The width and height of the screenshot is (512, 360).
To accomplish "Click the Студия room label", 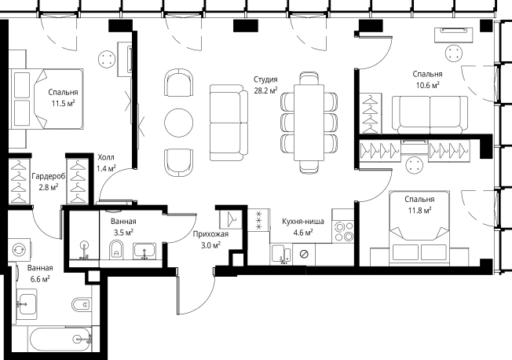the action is click(x=265, y=79).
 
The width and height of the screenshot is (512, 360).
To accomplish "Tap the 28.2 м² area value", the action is click(x=265, y=90).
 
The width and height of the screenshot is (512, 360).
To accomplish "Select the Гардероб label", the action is click(x=49, y=177).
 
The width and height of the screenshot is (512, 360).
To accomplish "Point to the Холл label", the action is click(x=106, y=157).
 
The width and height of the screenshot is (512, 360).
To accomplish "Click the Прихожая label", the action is click(x=210, y=234).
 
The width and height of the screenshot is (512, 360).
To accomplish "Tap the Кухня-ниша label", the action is click(x=303, y=222).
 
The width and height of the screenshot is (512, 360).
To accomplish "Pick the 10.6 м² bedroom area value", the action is click(x=427, y=86).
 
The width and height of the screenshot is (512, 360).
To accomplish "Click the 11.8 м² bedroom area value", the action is click(x=419, y=210).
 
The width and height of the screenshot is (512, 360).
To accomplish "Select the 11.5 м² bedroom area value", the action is click(x=63, y=104).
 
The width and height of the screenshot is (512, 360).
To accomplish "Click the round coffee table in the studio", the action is click(x=178, y=123).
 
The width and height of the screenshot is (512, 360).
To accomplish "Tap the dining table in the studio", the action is click(x=309, y=123).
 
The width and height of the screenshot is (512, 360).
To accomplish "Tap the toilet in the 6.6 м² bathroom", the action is click(x=82, y=305).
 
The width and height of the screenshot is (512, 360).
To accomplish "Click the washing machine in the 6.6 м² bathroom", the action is click(x=20, y=250).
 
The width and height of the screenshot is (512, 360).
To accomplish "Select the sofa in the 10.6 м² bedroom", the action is click(x=430, y=115).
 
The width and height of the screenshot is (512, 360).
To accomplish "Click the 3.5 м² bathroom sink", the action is click(x=144, y=251).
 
